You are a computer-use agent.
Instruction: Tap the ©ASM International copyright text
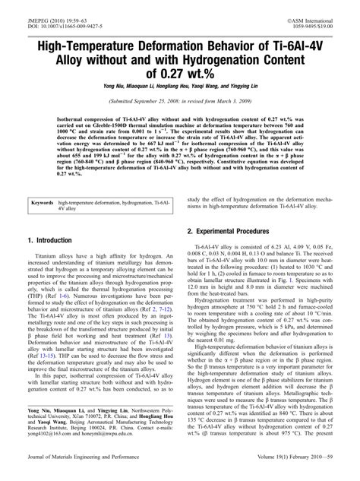[x=312, y=7]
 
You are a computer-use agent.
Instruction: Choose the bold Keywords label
[x=45, y=203]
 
